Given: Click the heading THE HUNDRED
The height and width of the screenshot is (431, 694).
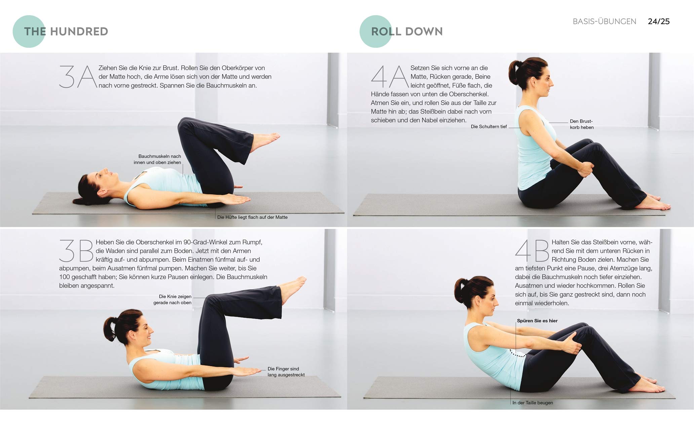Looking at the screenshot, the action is click(66, 31).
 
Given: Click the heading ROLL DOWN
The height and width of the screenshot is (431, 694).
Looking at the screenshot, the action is click(407, 31).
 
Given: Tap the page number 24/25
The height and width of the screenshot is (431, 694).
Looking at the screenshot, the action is click(659, 21).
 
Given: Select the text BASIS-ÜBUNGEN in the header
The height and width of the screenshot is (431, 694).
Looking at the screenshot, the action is click(605, 21).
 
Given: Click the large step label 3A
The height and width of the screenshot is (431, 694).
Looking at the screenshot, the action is click(78, 77).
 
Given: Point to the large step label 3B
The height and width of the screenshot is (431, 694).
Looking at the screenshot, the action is click(76, 251).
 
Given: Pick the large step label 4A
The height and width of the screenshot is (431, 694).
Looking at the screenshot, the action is click(390, 77).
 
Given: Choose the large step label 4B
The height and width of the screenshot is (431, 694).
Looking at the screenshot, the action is click(532, 251).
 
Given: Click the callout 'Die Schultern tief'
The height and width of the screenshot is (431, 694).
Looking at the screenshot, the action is click(489, 127).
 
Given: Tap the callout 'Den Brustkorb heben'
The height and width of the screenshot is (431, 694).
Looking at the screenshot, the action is click(582, 124).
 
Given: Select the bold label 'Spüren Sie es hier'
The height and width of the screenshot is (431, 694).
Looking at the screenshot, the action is click(537, 321).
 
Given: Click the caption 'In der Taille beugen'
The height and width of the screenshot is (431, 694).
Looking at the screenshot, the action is click(533, 403).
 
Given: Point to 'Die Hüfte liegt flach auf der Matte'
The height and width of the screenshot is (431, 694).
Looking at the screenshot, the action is click(252, 217).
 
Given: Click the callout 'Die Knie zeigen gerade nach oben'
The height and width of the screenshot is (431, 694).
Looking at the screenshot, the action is click(172, 300).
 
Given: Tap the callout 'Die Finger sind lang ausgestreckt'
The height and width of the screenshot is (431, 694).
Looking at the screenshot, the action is click(286, 372).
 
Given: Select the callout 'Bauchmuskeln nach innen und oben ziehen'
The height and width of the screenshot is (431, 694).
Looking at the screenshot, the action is click(157, 159).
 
